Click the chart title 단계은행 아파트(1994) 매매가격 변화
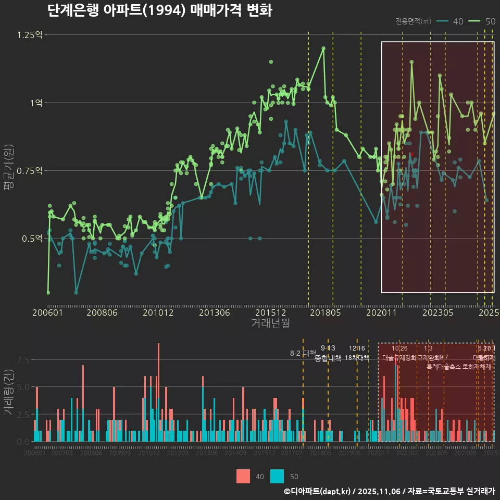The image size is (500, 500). (x=159, y=10)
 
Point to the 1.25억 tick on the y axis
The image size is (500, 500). (x=30, y=35)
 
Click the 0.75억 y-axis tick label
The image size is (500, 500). (x=30, y=171)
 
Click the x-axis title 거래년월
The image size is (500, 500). (x=270, y=323)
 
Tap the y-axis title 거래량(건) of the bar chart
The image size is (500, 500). (x=8, y=392)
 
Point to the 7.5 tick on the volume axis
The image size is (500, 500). (x=23, y=360)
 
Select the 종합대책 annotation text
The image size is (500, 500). (x=328, y=358)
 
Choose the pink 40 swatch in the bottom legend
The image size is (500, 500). (x=243, y=476)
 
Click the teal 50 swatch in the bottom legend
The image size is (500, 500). (x=277, y=476)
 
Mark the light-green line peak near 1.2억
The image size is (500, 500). (x=323, y=48)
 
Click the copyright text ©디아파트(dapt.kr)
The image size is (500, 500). (x=318, y=491)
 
